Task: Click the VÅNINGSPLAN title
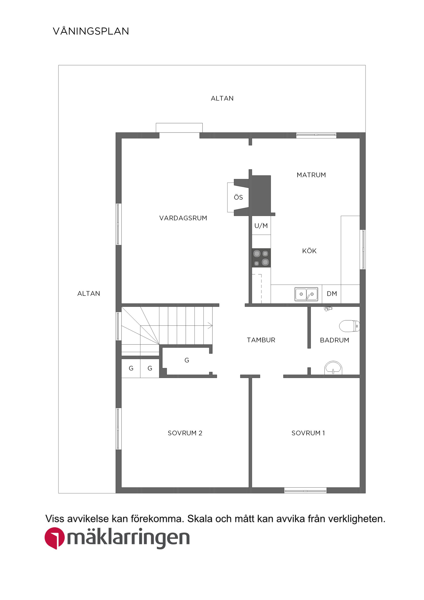point(91,31)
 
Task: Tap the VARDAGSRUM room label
point(183,218)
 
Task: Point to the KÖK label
point(309,251)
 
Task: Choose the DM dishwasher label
point(332,294)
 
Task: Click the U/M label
point(261,226)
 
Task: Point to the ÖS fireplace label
point(238,197)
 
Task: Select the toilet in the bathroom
point(350,326)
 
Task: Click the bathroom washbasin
point(333,368)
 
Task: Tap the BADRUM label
point(334,340)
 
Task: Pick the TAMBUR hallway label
point(261,340)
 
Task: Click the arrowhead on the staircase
point(210,326)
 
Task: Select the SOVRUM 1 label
point(308,433)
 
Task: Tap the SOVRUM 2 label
point(185,433)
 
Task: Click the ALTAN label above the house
point(222,98)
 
